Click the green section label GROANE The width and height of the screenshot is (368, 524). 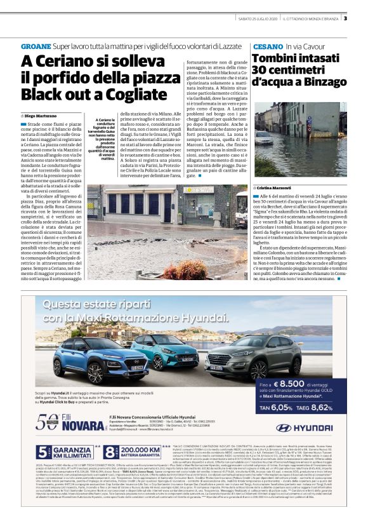click(x=36, y=47)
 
